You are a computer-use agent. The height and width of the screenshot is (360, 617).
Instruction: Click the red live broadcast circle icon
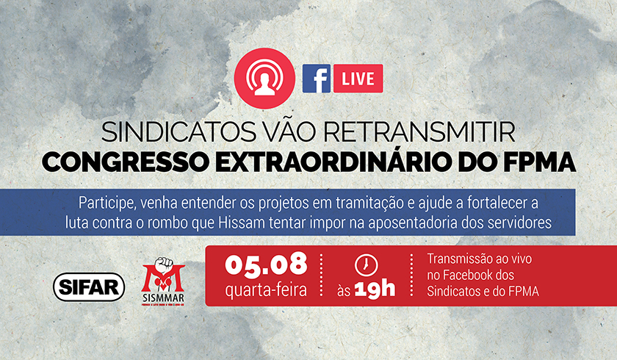(x=264, y=79)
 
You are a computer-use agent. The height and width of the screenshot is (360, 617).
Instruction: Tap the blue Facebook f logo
(x=317, y=79)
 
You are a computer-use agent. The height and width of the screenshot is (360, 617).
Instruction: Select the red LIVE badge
(x=358, y=79)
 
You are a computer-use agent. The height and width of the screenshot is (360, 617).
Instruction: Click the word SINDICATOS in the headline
(x=179, y=132)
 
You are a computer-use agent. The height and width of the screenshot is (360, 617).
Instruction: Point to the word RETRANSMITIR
(x=419, y=132)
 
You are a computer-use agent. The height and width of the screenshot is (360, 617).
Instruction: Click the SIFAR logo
(x=89, y=287)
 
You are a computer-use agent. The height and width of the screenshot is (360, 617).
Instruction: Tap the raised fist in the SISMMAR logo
(x=164, y=267)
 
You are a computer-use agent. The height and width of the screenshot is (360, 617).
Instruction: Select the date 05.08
(x=266, y=264)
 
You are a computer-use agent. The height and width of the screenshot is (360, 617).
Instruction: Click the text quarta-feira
(x=266, y=290)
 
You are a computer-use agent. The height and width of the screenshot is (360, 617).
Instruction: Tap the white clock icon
(x=366, y=265)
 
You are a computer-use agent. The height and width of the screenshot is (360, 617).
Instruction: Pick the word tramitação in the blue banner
(x=367, y=204)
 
